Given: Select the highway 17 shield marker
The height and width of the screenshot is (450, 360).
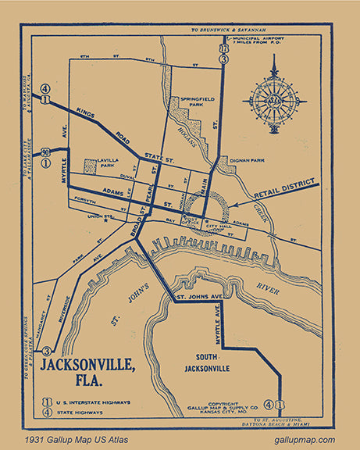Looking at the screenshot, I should [x=224, y=49].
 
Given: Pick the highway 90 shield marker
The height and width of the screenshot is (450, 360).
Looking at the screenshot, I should [x=46, y=152].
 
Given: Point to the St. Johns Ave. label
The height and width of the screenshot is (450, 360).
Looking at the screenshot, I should [x=201, y=297].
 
